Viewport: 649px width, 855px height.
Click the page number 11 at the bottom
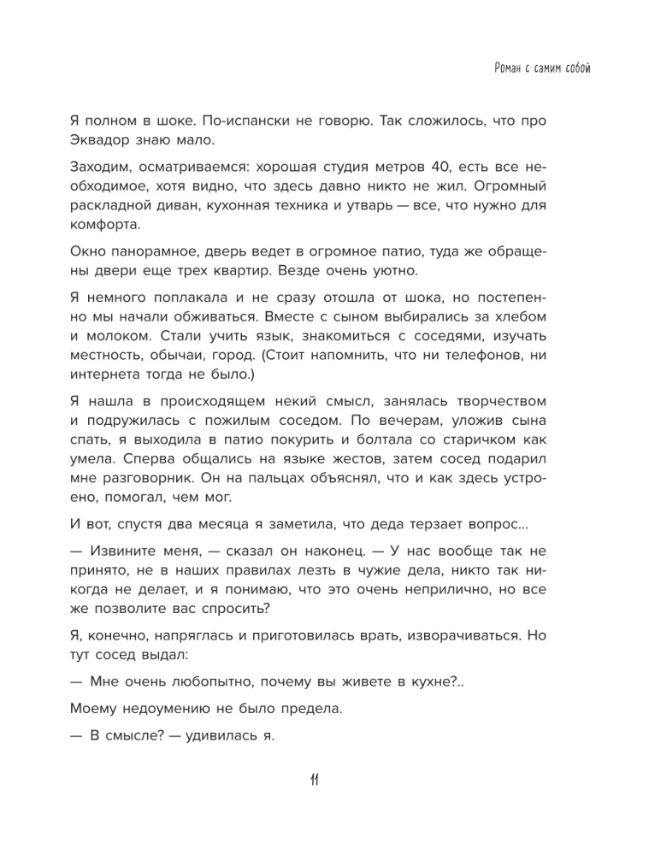point(312,781)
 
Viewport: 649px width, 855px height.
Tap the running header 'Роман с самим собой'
point(543,68)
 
